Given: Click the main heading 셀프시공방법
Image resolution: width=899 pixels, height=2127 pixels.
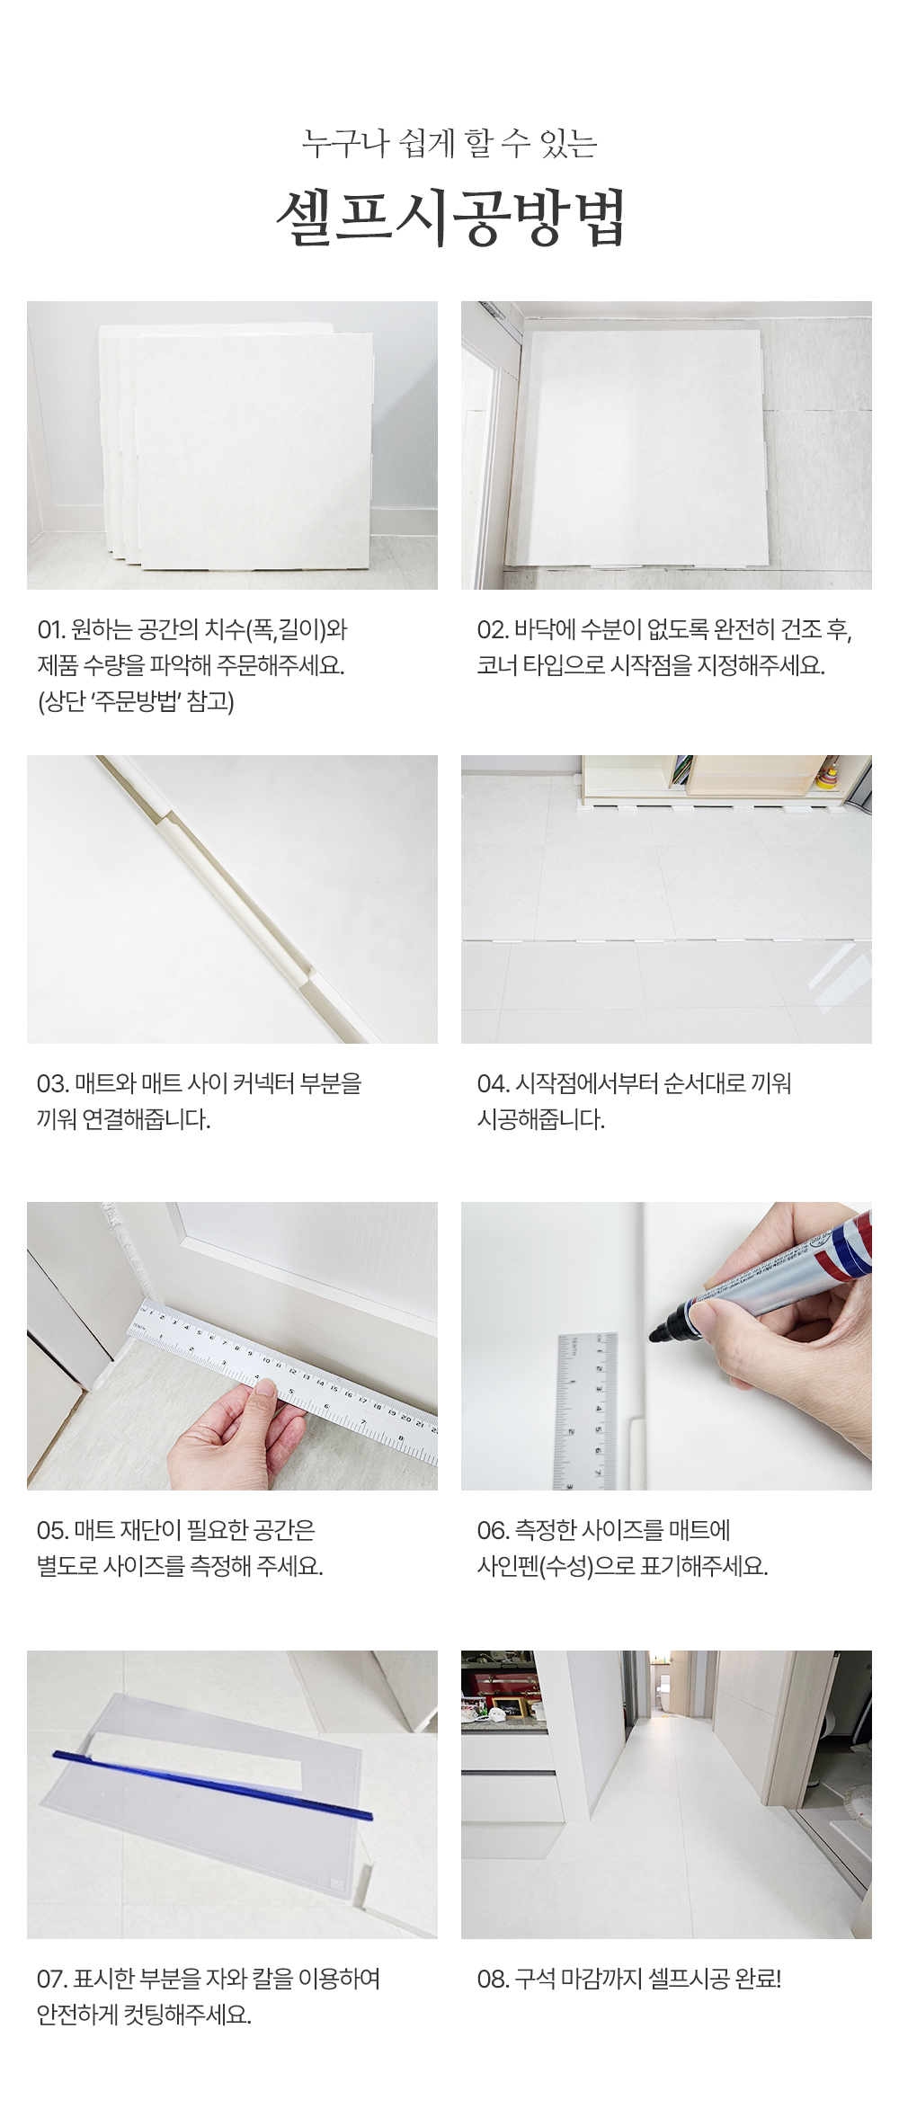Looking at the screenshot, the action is [449, 217].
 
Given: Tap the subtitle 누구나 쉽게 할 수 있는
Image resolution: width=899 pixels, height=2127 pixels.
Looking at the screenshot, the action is [449, 144].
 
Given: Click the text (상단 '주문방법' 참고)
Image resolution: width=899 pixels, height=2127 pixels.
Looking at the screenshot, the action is [136, 702].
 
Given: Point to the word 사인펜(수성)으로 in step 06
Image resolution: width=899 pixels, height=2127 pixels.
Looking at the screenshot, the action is [555, 1566].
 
